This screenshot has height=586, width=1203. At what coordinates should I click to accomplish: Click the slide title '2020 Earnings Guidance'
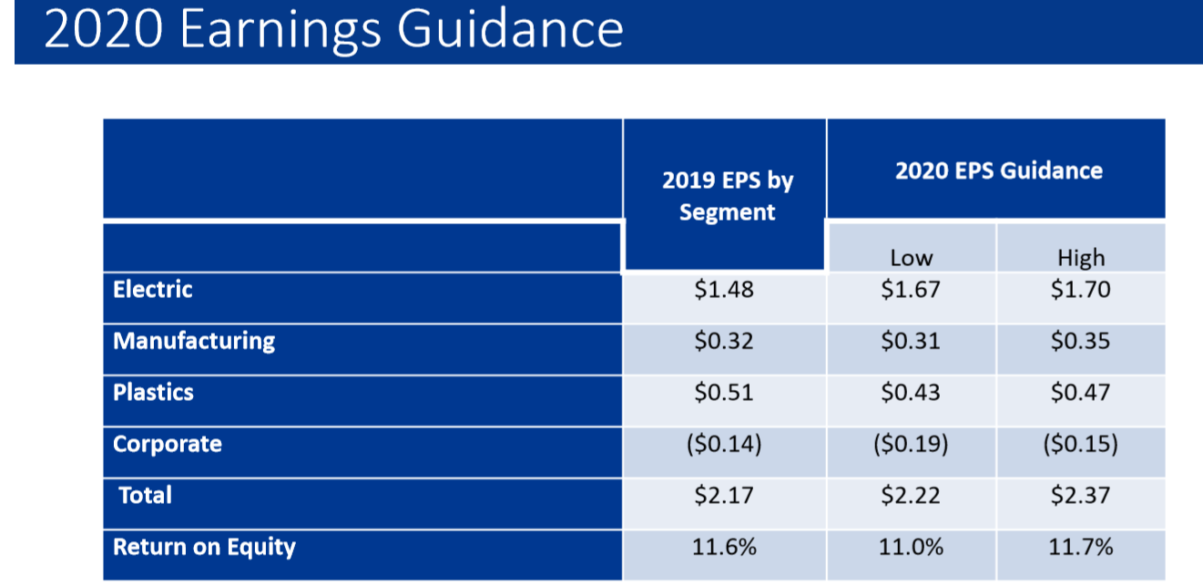333,29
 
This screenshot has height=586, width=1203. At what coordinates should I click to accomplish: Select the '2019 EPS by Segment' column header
727,196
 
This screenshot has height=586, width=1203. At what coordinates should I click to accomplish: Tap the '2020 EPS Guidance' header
998,170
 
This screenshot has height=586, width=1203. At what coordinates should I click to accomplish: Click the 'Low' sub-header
911,258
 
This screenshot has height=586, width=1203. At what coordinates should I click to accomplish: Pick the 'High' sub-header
1081,258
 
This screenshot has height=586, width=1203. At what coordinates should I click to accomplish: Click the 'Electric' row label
153,290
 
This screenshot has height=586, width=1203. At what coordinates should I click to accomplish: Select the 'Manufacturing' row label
194,341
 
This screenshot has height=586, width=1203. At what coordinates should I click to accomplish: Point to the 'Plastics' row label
153,393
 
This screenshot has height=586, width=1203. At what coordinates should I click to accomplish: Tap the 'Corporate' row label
168,445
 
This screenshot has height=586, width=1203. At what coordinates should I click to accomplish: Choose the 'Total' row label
146,496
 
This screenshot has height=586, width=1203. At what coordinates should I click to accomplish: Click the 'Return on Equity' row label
204,547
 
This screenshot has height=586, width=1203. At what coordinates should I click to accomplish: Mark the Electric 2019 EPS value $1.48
724,291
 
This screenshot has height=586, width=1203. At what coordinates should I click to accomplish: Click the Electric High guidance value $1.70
1081,291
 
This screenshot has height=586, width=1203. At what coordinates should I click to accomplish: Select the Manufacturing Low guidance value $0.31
911,342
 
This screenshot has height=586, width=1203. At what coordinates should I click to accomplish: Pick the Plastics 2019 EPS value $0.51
724,393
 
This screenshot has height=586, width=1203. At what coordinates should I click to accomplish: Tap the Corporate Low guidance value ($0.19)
911,445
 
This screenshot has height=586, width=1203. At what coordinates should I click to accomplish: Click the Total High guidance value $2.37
1081,496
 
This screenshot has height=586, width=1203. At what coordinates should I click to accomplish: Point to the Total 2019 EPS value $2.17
724,496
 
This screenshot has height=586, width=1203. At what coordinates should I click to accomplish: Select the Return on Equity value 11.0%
911,548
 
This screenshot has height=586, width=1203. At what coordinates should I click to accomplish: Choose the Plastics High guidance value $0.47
1081,393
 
